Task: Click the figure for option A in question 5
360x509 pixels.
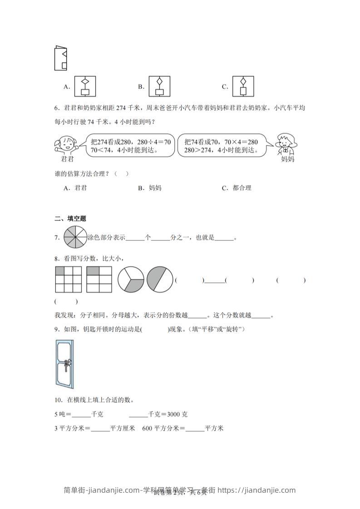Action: (x=85, y=86)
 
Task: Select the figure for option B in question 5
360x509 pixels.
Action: (x=159, y=86)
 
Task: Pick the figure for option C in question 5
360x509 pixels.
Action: (x=243, y=86)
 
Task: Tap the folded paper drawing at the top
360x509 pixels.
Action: (x=60, y=58)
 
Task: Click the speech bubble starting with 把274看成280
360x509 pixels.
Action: (x=130, y=145)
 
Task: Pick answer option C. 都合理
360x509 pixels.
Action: (x=237, y=188)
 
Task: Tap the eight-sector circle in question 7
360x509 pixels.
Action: (x=75, y=237)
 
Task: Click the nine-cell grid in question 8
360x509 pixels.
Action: (x=69, y=279)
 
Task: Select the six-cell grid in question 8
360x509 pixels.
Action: (x=99, y=279)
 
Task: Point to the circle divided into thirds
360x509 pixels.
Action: (x=131, y=279)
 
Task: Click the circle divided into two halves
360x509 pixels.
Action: (x=160, y=279)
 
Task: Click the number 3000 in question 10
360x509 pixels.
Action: (x=174, y=414)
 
